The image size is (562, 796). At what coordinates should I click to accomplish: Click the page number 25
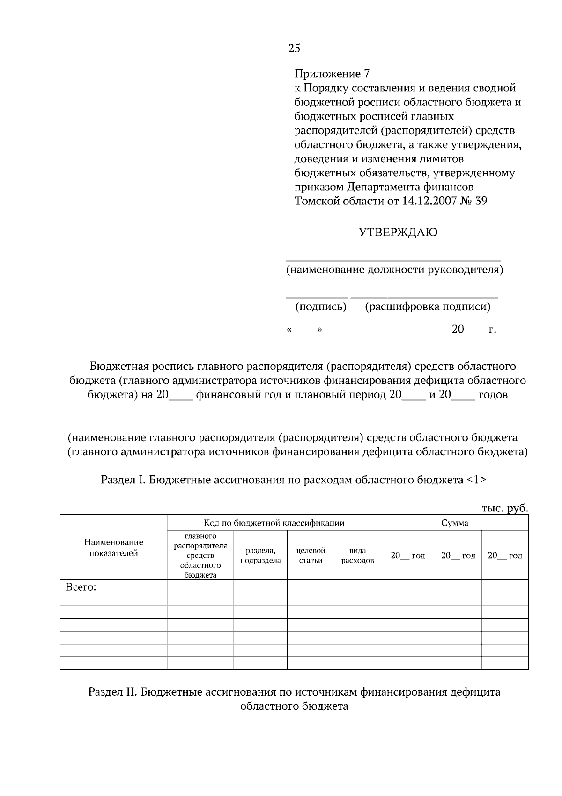point(295,48)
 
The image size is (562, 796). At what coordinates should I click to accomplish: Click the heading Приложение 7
point(332,74)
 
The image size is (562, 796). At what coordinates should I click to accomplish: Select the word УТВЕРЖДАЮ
point(398,233)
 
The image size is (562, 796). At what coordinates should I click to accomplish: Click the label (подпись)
point(321,307)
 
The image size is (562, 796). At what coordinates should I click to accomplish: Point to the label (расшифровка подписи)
point(428,307)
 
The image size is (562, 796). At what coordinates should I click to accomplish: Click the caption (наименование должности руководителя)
point(394,270)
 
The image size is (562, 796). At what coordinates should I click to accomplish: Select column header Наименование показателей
point(113,548)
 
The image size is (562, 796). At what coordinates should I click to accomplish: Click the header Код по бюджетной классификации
point(274,523)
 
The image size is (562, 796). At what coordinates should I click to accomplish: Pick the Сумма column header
point(454,523)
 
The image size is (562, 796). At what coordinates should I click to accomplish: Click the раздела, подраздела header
point(260,556)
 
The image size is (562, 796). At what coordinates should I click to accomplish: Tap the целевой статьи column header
point(311,556)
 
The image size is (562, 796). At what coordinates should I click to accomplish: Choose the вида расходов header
point(357,556)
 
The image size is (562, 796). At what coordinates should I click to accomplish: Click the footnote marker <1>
point(476,480)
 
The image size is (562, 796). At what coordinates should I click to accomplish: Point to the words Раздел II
point(112,692)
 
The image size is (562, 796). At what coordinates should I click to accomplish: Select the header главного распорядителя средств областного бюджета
point(200,556)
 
